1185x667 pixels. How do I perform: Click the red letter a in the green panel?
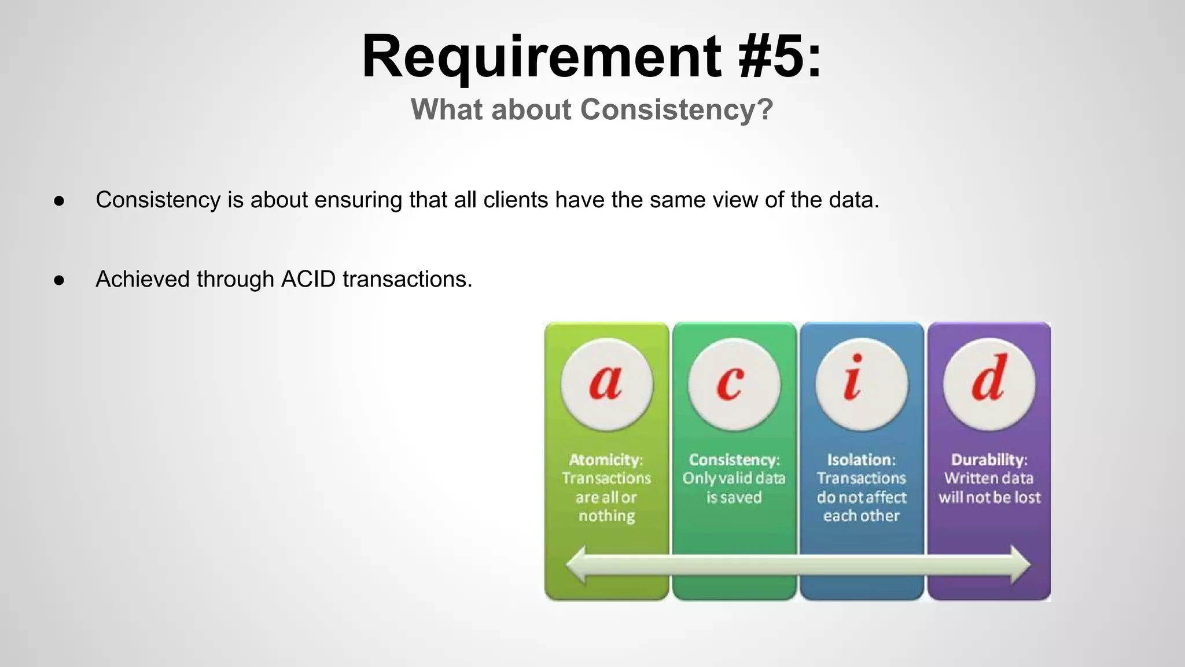606,383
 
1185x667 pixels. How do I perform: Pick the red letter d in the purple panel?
989,379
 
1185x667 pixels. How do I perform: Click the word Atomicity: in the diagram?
606,460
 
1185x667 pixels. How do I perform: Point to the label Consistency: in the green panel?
734,460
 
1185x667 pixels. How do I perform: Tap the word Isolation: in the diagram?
861,460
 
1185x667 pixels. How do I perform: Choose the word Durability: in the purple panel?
989,460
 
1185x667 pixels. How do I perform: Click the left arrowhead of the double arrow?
577,565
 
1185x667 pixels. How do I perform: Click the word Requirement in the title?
541,57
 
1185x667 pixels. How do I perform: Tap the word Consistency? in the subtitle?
676,109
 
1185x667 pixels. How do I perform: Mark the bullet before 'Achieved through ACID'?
59,280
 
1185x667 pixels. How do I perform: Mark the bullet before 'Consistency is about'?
59,201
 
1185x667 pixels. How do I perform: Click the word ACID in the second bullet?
308,279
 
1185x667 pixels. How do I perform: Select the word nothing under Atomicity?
606,516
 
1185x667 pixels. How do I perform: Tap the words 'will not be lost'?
989,497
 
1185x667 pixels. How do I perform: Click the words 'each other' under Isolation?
861,516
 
